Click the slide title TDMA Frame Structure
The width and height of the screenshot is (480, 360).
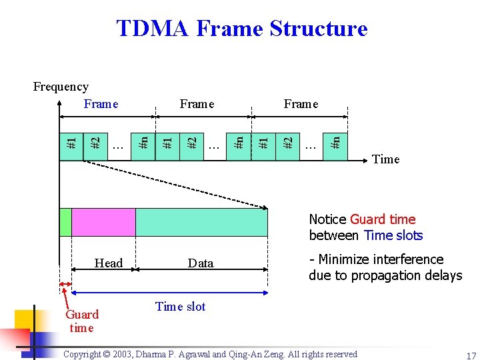[x=241, y=29]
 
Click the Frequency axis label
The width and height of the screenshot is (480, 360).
[x=61, y=87]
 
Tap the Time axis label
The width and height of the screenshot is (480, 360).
[x=386, y=159]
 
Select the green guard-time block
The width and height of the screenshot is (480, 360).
[x=65, y=223]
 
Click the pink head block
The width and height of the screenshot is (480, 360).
[x=103, y=223]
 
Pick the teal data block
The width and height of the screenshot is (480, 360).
[x=201, y=223]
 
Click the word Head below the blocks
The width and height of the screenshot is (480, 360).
[x=109, y=263]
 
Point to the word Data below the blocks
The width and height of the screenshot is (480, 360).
[x=201, y=263]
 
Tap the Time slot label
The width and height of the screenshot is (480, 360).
[x=180, y=307]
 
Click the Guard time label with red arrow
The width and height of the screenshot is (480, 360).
[x=81, y=321]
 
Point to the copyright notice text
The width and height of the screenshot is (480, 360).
[x=210, y=355]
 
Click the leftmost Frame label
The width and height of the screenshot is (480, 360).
[x=101, y=104]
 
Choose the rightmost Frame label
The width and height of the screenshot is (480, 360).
[x=301, y=104]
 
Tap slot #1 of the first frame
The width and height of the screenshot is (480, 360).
[x=72, y=142]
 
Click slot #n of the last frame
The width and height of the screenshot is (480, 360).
[x=336, y=142]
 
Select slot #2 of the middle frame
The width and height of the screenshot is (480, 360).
[x=192, y=142]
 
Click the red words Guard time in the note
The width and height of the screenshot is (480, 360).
[x=383, y=219]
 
